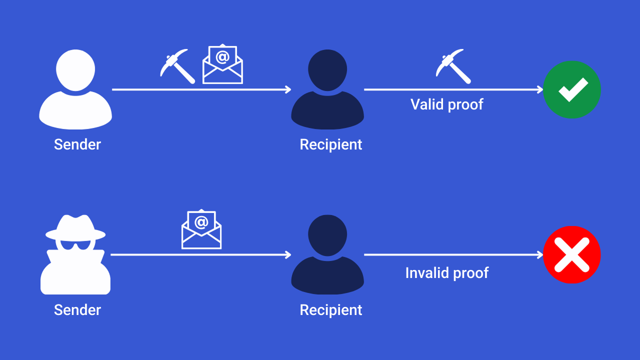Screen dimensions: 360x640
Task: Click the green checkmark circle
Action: point(571,89)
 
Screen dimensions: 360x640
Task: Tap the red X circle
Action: point(571,254)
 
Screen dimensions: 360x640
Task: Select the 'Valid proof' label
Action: point(446,104)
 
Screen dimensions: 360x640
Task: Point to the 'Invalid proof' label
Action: point(446,273)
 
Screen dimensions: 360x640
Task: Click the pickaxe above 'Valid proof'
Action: point(453,65)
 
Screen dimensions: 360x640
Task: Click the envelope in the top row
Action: point(222,64)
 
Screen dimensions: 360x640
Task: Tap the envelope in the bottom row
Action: point(201,229)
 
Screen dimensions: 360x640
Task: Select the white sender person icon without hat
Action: point(75,90)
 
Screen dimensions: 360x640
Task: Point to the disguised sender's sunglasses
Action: point(75,244)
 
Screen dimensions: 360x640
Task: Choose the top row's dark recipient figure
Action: point(327,90)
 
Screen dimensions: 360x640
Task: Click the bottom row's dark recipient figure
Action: point(327,255)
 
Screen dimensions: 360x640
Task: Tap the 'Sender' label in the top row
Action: point(77,144)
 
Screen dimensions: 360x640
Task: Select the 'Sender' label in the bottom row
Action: point(77,310)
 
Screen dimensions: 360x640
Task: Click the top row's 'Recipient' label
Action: point(330,144)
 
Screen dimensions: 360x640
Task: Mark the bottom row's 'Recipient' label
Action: point(330,310)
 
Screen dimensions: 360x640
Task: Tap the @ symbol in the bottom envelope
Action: point(201,221)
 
